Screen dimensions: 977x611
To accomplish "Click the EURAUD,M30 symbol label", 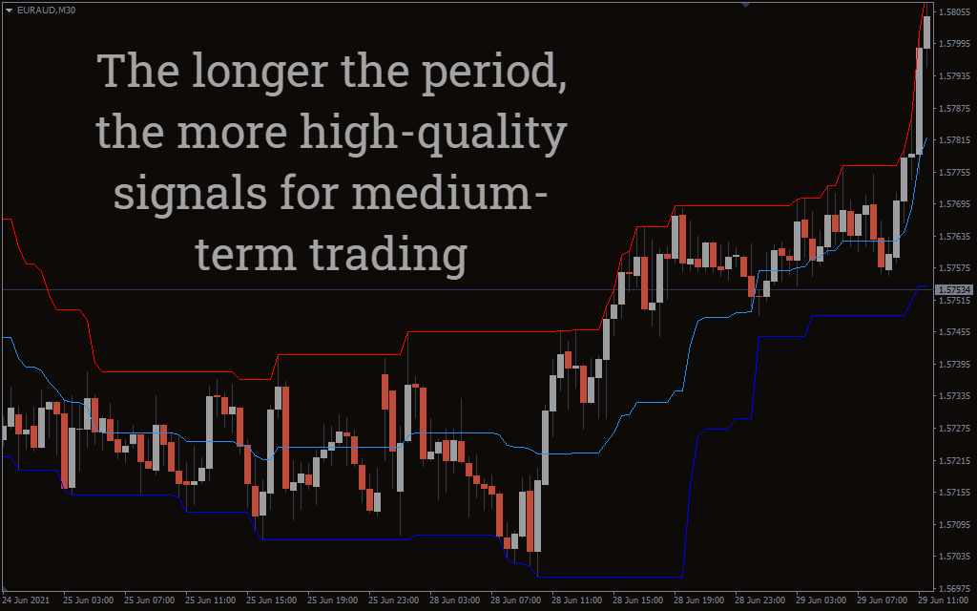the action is (46, 10).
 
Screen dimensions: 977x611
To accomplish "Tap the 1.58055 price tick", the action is (954, 11).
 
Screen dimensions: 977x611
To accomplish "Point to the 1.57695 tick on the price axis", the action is (954, 204).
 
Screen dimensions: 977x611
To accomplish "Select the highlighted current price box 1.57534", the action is (954, 290).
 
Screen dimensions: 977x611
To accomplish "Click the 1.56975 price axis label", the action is (954, 588).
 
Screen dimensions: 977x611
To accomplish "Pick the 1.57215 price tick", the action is (954, 461).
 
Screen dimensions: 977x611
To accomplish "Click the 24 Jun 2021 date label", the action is (26, 600).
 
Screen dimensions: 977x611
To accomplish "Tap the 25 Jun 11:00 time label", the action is (210, 600).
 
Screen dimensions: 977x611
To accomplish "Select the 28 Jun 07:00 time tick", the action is (515, 600).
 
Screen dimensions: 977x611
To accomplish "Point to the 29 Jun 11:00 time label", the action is (944, 600).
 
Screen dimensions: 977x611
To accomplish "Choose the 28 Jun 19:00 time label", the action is (698, 600).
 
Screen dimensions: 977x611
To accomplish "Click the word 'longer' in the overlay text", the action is (260, 73).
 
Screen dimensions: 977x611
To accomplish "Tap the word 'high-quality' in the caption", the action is (434, 134).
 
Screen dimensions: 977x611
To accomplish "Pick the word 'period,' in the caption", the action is (494, 73).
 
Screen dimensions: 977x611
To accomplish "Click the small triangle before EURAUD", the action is (10, 10).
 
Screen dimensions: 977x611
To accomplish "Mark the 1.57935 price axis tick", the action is (954, 76).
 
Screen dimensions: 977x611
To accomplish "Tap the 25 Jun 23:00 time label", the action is (393, 600).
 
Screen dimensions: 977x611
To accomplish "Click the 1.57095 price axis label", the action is (954, 525).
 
